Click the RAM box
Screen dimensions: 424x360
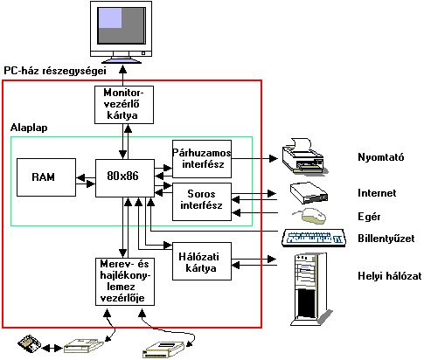click(x=46, y=177)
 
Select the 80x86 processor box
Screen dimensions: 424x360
click(x=125, y=178)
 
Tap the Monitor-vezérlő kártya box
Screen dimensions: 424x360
click(x=124, y=105)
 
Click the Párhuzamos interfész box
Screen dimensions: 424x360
click(x=202, y=159)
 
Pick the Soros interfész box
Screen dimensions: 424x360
click(x=202, y=202)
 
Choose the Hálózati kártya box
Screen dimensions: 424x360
click(x=202, y=261)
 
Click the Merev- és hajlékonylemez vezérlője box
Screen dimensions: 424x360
click(x=125, y=281)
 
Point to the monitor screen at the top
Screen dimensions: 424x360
click(x=122, y=25)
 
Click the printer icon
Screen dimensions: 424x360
click(x=305, y=156)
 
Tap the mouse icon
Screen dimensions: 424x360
click(x=310, y=216)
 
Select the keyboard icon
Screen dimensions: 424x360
click(x=314, y=239)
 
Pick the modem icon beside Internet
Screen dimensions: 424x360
click(x=309, y=193)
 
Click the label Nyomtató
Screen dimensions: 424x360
click(x=381, y=157)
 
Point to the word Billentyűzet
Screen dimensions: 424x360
click(x=386, y=239)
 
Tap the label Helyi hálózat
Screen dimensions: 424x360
click(x=390, y=276)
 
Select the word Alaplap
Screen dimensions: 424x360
click(x=29, y=128)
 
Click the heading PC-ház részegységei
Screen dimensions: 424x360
click(x=55, y=71)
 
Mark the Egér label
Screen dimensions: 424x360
click(x=369, y=217)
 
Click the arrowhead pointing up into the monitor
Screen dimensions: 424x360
click(x=123, y=69)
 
